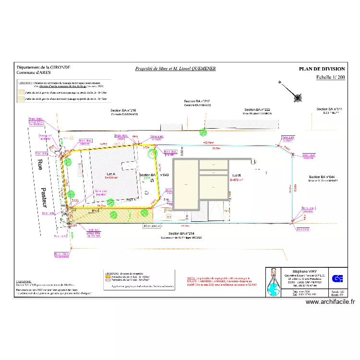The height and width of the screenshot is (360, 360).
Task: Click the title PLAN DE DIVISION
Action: coord(322,69)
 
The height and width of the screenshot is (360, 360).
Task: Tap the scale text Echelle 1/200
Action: coord(330,77)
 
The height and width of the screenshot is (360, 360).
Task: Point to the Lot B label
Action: coord(236,175)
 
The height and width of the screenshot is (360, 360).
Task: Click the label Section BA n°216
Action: coord(124,110)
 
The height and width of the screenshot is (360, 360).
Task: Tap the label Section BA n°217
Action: coord(197,101)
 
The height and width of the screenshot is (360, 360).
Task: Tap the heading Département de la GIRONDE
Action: coord(43,68)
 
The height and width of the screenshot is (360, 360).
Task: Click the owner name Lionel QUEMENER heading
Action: coord(175,69)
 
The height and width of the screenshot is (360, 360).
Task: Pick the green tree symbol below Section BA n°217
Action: coord(204,132)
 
